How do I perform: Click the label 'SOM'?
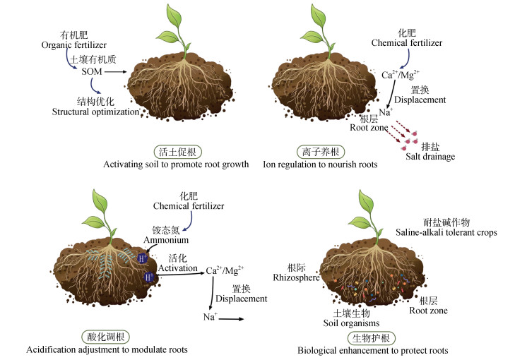pyautogui.click(x=92, y=71)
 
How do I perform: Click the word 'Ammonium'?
pyautogui.click(x=166, y=240)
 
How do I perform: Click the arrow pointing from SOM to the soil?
pyautogui.click(x=119, y=71)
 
